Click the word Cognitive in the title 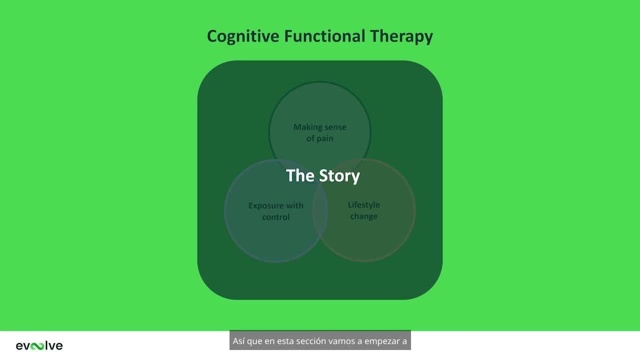(243, 36)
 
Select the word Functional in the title (324, 36)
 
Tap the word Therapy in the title (401, 36)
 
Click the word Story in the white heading (339, 175)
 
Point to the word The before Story (300, 175)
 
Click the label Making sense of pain (319, 132)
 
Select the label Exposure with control (275, 211)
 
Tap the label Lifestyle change (363, 210)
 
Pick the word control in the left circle (275, 217)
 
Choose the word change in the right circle (363, 216)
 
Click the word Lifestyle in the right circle (363, 205)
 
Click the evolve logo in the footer (39, 345)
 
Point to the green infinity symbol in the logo (37, 346)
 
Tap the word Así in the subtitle (238, 341)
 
